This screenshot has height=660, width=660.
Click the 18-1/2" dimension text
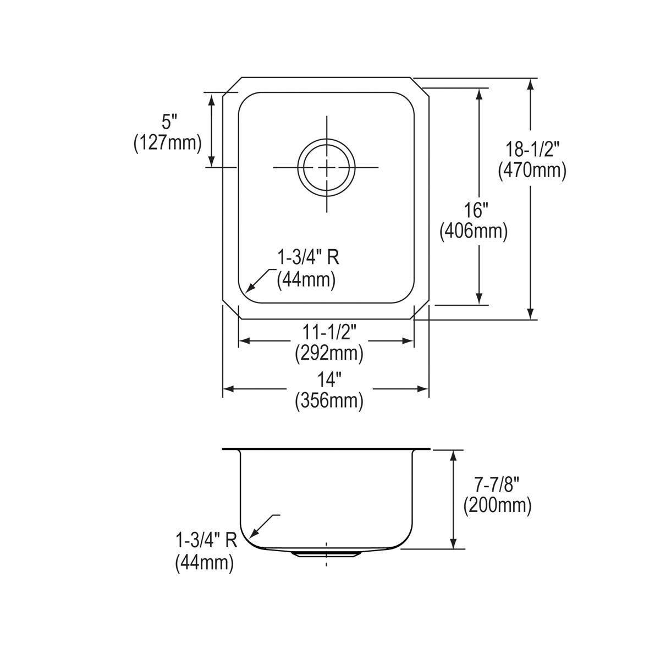[532, 148]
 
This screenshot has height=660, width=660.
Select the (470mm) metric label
[532, 170]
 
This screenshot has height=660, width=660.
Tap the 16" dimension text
[473, 210]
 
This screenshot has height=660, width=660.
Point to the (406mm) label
[473, 231]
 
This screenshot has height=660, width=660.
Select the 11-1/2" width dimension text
[329, 332]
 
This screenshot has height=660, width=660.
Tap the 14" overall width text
[329, 380]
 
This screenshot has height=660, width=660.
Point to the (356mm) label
[329, 401]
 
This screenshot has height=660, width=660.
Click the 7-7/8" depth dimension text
[497, 484]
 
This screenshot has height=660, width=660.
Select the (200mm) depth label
[497, 505]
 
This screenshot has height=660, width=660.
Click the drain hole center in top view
[327, 167]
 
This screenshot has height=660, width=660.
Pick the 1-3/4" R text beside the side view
[206, 541]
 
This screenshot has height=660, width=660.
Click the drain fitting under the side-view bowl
[327, 553]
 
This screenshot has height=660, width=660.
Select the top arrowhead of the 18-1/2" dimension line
[530, 84]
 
